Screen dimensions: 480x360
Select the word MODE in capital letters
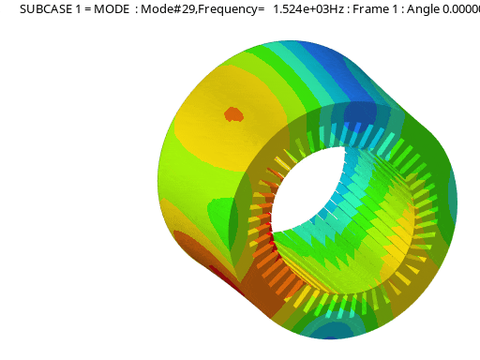[x=112, y=9]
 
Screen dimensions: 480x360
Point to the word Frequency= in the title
[x=232, y=9]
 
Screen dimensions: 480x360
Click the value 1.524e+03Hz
[x=308, y=9]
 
